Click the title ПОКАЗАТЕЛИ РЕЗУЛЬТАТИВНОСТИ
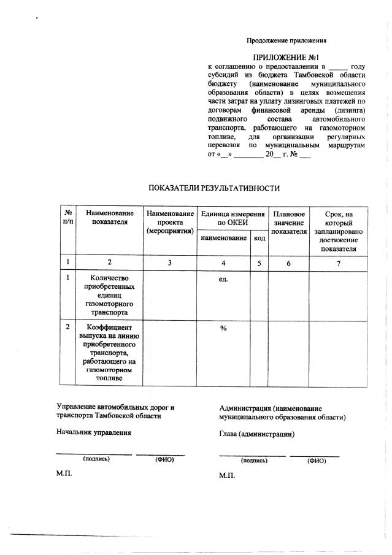(215, 188)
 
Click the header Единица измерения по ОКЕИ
(232, 217)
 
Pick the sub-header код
(259, 237)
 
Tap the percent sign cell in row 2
(223, 329)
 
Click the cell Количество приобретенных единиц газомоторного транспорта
(109, 294)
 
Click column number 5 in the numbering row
(259, 262)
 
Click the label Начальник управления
(94, 432)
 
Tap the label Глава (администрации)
(256, 434)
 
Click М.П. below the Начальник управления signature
(64, 474)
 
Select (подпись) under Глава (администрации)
(253, 460)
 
